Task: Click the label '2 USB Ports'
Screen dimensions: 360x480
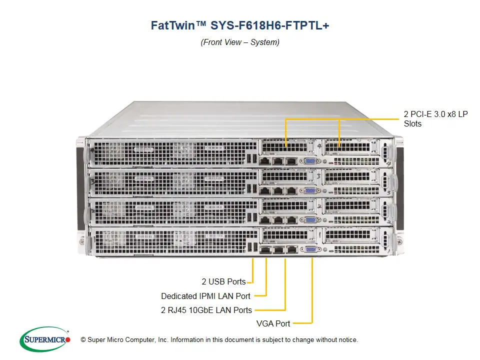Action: pyautogui.click(x=223, y=282)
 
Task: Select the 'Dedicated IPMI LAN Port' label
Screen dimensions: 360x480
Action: pyautogui.click(x=205, y=296)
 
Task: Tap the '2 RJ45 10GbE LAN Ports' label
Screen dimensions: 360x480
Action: pyautogui.click(x=206, y=310)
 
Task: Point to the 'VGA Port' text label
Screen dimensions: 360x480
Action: pyautogui.click(x=273, y=323)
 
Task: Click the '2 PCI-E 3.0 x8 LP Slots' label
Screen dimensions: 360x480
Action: pyautogui.click(x=435, y=119)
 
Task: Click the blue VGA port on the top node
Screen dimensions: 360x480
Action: pyautogui.click(x=309, y=161)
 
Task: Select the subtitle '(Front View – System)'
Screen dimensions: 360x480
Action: pyautogui.click(x=240, y=42)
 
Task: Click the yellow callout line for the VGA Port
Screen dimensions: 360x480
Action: pyautogui.click(x=312, y=295)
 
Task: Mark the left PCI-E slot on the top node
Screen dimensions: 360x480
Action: pyautogui.click(x=285, y=146)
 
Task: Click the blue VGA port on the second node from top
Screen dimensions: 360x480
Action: pyautogui.click(x=309, y=190)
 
